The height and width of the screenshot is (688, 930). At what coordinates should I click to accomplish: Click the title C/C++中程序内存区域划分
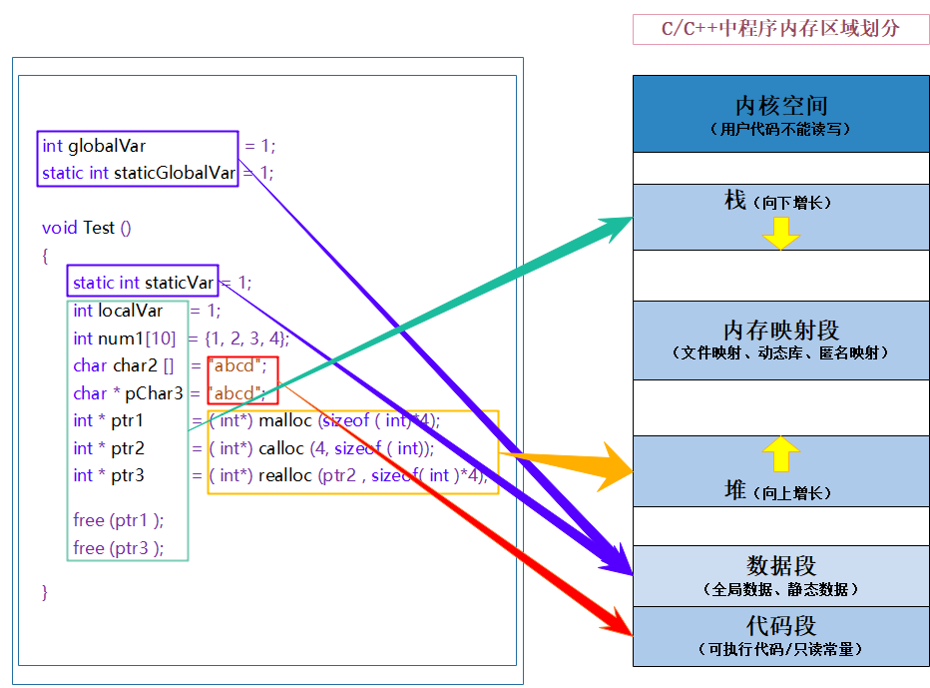[x=780, y=29]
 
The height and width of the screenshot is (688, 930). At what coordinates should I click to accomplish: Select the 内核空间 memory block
[x=781, y=113]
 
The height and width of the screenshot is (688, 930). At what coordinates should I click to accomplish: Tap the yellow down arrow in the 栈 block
[x=781, y=233]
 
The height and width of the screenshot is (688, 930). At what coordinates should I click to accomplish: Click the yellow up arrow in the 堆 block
[x=781, y=454]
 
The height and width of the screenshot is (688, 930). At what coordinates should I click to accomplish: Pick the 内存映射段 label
[x=781, y=331]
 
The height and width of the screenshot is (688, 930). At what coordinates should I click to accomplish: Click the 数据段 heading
[x=781, y=565]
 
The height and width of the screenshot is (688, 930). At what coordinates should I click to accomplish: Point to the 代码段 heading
[x=781, y=626]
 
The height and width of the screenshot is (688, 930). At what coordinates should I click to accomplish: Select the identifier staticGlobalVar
[x=175, y=173]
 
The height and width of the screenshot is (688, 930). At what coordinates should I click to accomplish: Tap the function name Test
[x=99, y=228]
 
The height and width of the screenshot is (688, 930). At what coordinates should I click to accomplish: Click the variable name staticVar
[x=180, y=283]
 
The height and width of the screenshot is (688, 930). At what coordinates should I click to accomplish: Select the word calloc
[x=280, y=448]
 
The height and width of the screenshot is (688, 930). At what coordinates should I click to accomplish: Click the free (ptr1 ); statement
[x=118, y=519]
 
